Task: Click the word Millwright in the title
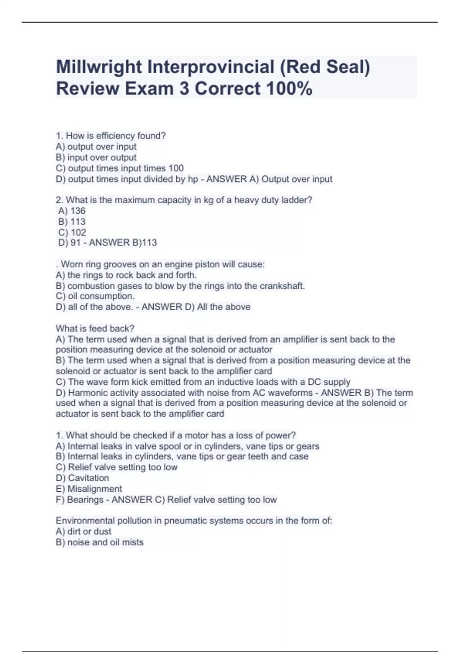(99, 67)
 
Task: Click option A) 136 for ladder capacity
(72, 211)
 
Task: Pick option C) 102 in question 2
(72, 232)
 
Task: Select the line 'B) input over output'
(96, 157)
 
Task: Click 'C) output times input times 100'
(120, 168)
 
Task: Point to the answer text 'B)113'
(144, 242)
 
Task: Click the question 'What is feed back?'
(95, 328)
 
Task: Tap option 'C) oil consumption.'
(95, 296)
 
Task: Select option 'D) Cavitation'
(82, 478)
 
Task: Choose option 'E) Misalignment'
(89, 489)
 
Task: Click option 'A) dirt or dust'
(84, 531)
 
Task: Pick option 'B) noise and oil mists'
(100, 542)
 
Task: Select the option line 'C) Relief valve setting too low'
(117, 467)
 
